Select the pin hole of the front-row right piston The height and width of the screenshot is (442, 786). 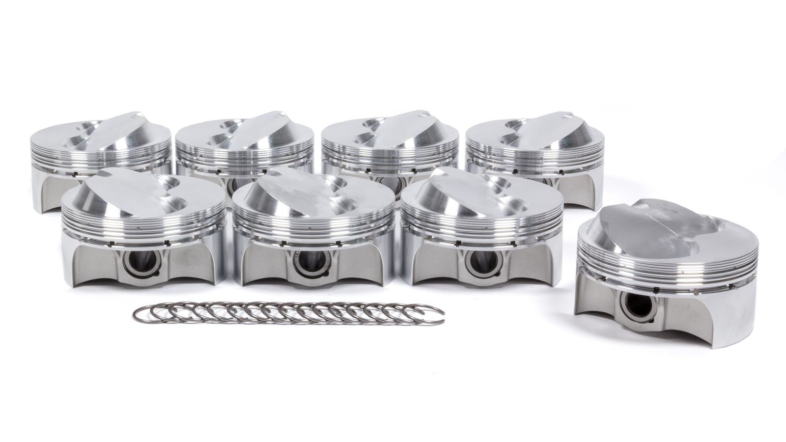pos(475,263)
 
